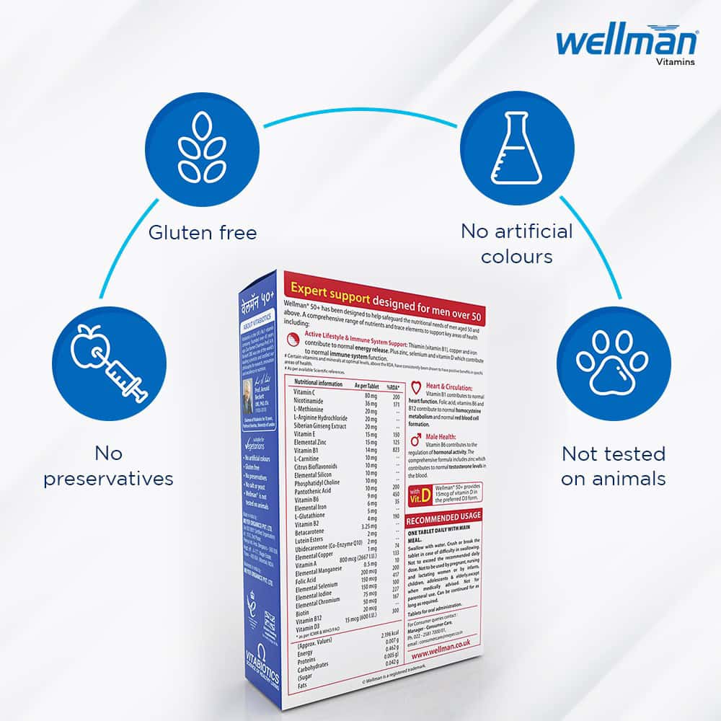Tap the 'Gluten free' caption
click(203, 232)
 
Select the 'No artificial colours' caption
click(517, 244)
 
